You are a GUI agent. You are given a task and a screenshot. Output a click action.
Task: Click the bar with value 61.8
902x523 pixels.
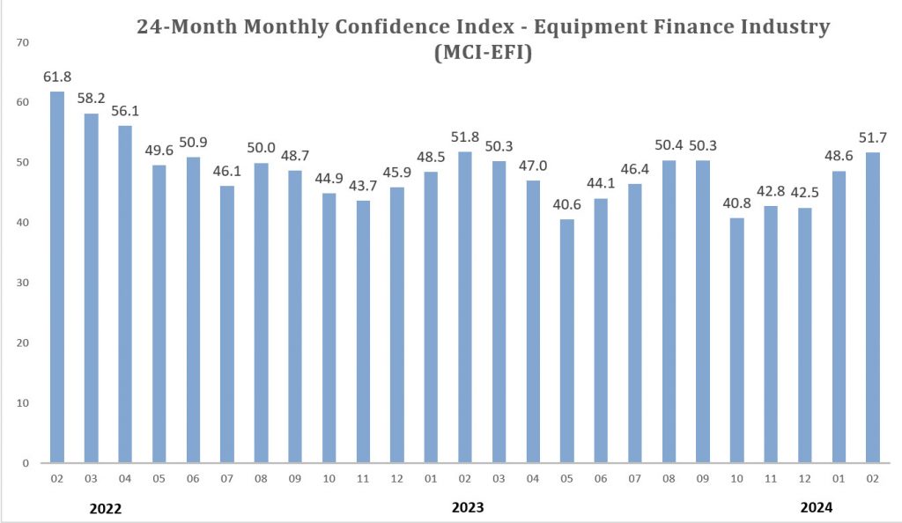coord(57,277)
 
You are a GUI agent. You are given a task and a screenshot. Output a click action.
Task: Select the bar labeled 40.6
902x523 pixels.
coord(566,341)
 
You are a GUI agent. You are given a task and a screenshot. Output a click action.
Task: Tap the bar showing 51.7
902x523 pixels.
coord(873,307)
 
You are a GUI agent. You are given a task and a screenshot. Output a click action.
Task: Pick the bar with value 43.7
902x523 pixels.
coord(363,332)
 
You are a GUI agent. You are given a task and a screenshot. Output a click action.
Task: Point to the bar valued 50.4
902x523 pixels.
coord(669,312)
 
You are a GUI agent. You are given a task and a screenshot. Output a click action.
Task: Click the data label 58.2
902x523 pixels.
coord(91,99)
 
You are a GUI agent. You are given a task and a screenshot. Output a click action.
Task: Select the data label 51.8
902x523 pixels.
coord(465,136)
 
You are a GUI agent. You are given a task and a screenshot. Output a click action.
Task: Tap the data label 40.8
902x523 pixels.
coord(737,203)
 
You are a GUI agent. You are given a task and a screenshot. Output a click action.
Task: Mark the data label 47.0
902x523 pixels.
coord(533,166)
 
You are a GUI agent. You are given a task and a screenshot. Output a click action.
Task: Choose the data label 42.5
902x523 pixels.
coord(805,193)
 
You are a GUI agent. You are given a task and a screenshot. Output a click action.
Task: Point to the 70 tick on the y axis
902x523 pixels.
coord(22,42)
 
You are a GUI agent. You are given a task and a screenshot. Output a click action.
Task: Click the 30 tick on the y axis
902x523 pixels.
coord(22,283)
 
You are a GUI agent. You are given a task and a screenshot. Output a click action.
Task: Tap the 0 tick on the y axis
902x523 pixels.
coord(26,463)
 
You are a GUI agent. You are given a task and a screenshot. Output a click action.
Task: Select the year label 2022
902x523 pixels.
coord(106,509)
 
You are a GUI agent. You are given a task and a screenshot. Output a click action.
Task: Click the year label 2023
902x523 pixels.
coord(468,507)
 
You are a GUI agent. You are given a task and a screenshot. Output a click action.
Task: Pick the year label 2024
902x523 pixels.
coord(817,507)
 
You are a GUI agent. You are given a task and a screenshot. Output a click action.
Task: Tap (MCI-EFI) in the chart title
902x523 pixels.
coord(484,52)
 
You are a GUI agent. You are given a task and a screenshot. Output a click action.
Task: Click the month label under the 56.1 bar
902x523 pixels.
coord(125,479)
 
